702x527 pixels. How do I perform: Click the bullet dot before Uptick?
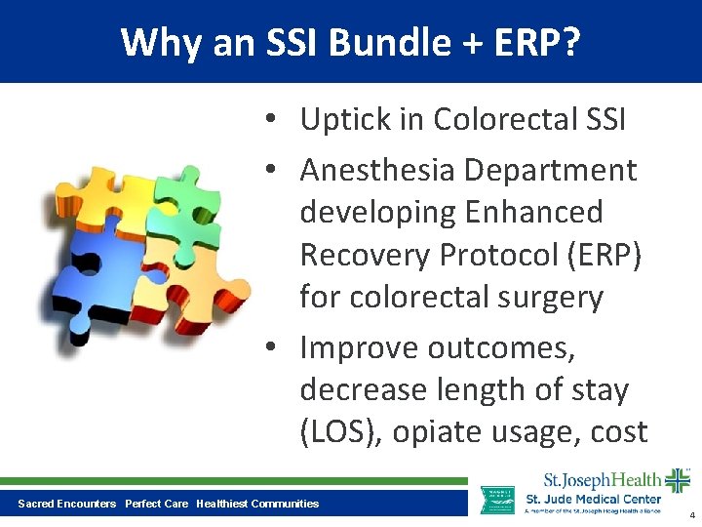coord(278,120)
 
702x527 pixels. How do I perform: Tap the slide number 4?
coord(691,515)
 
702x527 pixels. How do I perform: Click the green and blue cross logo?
coord(677,480)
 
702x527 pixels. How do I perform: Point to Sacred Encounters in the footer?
coord(67,504)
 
